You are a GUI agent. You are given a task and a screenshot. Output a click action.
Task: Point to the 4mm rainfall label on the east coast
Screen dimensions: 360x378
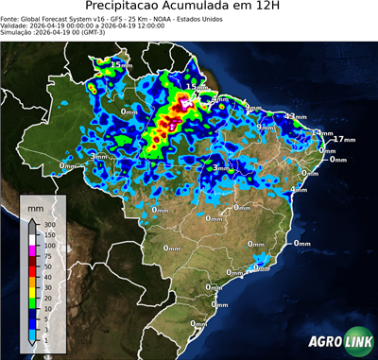[x=300, y=189]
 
